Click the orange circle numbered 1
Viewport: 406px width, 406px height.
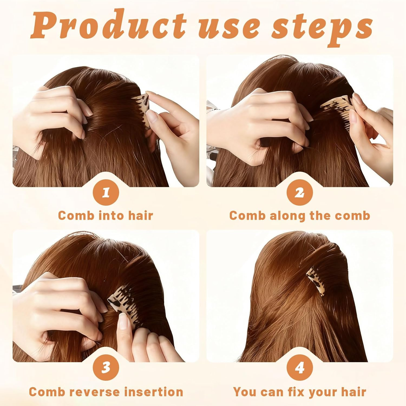(106, 193)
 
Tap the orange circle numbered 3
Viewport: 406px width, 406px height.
(106, 368)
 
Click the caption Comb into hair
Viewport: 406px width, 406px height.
(106, 216)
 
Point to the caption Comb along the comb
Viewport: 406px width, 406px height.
(300, 216)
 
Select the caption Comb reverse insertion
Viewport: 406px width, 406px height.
(106, 392)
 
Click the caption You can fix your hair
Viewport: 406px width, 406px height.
(300, 392)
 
